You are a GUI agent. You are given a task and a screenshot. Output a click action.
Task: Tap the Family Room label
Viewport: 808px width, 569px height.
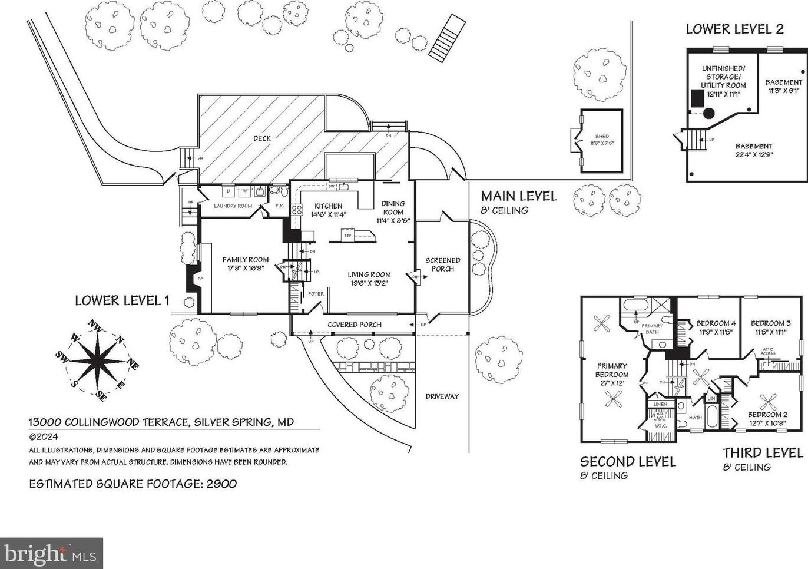(x=245, y=260)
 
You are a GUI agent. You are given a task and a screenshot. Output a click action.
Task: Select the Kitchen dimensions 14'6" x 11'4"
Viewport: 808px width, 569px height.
(x=328, y=215)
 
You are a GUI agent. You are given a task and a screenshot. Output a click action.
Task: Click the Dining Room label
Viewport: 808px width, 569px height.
(x=393, y=208)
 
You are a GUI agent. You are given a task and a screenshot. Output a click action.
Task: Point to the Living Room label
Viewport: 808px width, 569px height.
(x=369, y=274)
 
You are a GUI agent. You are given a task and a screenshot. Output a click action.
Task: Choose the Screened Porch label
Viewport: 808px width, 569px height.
(x=442, y=264)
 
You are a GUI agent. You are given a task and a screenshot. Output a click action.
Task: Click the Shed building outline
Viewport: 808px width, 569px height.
(x=601, y=140)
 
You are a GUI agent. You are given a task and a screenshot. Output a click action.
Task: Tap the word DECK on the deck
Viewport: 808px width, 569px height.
(x=262, y=138)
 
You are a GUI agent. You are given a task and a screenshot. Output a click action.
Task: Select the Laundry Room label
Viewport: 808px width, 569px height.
(x=233, y=206)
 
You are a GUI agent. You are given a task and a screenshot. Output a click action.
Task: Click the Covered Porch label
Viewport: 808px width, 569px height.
(x=354, y=325)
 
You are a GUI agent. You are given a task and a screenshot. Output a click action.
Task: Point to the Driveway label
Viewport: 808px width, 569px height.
(x=442, y=396)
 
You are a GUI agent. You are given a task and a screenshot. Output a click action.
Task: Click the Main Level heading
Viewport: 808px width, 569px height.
(x=518, y=196)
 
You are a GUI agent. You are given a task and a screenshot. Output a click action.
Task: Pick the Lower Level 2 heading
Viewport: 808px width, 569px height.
(x=734, y=29)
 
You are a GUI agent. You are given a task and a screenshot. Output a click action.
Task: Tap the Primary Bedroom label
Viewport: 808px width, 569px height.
(x=612, y=370)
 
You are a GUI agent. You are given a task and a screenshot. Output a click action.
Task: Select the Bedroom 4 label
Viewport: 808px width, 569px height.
(x=716, y=323)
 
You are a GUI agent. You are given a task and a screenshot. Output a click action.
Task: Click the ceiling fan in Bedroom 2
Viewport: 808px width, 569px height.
(x=768, y=402)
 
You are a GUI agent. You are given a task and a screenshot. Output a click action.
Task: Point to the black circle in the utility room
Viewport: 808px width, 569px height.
(x=709, y=113)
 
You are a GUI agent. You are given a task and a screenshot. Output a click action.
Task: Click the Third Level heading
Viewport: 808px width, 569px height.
(x=763, y=453)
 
